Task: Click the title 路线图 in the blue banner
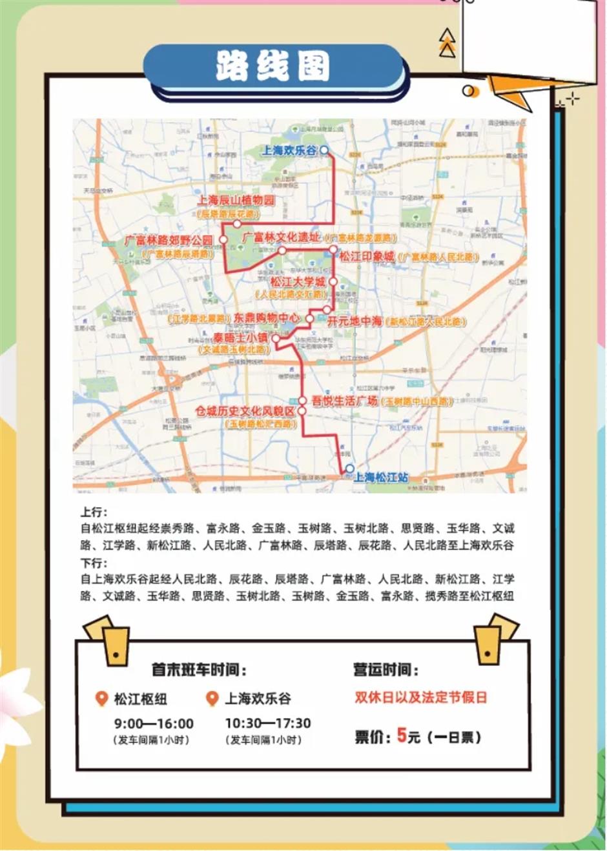pos(274,66)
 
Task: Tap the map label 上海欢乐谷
pos(289,150)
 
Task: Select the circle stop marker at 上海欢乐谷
pos(325,150)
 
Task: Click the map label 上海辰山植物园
pos(236,200)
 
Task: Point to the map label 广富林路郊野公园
pos(169,240)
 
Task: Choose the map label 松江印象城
pos(367,256)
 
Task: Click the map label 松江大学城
pos(297,282)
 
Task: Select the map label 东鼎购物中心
pos(267,318)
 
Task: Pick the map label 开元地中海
pos(355,321)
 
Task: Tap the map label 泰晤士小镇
pos(240,337)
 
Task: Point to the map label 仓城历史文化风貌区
pos(245,411)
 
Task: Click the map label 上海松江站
pos(381,477)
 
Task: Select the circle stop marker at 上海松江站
pos(349,469)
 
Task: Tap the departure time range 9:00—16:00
pos(154,724)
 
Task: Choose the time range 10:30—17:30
pos(267,723)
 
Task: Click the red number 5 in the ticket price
pos(401,735)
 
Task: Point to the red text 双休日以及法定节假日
pos(420,697)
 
